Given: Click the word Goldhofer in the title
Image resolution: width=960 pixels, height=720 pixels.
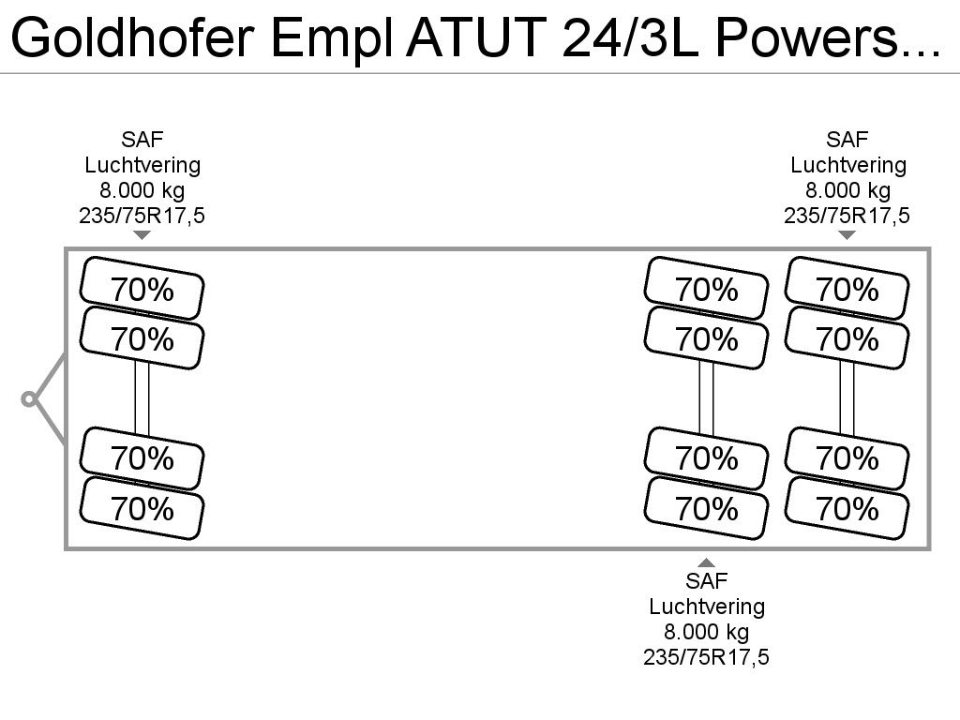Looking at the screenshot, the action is (x=131, y=37).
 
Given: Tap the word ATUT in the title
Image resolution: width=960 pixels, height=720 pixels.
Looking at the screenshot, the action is (x=476, y=37).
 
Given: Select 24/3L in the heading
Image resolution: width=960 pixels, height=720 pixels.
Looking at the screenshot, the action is (x=630, y=37).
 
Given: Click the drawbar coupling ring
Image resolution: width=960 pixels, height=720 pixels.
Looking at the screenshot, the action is (x=28, y=399).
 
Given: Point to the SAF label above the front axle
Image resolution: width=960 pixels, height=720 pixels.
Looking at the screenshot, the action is (x=142, y=140).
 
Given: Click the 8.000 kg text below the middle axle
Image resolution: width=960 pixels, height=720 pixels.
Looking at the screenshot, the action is (x=707, y=631).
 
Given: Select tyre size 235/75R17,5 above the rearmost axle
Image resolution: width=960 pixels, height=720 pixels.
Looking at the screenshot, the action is (x=847, y=216).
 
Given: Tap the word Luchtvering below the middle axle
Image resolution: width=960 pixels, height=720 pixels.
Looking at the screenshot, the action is (x=707, y=607).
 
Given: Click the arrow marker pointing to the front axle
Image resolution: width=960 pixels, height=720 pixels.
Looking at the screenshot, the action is (x=142, y=235).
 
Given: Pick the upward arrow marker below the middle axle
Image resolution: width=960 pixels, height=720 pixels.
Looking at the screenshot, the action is (x=707, y=562).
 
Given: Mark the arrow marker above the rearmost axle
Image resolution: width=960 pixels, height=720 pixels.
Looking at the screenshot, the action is (x=847, y=235).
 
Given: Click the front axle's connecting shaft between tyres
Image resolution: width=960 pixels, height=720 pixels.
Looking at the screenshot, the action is (x=142, y=397).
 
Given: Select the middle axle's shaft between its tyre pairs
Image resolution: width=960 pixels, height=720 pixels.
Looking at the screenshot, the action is (x=707, y=397).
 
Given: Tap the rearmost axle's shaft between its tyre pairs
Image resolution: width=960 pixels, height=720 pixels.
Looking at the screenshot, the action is (x=847, y=397).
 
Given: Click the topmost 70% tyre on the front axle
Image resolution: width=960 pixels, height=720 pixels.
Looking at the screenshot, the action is (x=142, y=289).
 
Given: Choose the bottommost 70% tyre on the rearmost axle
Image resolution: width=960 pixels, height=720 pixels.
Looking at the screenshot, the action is (x=847, y=508).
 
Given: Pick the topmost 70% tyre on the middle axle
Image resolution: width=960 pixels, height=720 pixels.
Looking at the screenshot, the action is (x=707, y=289).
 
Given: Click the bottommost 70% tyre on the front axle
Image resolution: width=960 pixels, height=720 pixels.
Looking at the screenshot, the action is (x=142, y=508).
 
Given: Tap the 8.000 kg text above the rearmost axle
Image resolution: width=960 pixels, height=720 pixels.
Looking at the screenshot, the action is (x=847, y=190).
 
